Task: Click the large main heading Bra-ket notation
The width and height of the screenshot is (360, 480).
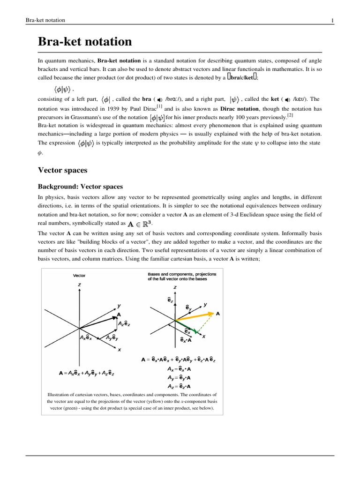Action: coord(85,42)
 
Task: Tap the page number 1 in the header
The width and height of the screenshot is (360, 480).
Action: coord(332,20)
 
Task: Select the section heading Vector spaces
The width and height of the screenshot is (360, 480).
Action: coord(62,170)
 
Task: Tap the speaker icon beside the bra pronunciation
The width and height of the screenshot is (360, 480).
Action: coord(159,99)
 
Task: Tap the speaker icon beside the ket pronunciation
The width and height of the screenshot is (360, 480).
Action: coord(287,99)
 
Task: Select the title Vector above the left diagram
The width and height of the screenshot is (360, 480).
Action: coord(79,275)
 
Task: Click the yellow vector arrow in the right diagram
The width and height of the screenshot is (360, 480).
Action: coord(195,316)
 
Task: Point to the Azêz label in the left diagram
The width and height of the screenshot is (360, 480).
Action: coord(124,323)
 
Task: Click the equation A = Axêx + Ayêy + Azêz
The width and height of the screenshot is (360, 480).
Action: coord(86,373)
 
